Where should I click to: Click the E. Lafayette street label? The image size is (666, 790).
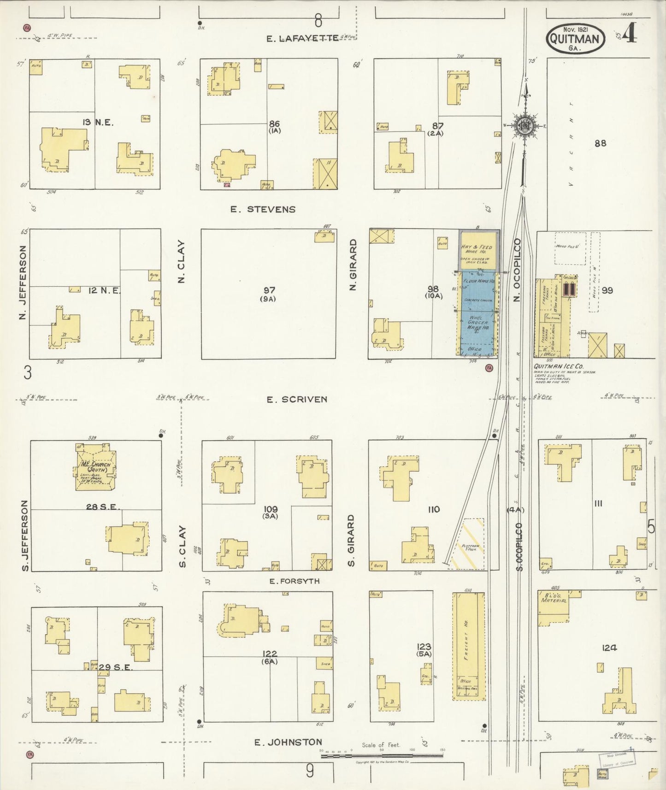pyautogui.click(x=302, y=38)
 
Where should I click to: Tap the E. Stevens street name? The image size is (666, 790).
pyautogui.click(x=263, y=209)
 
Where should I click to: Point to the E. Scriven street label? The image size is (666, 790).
pyautogui.click(x=297, y=399)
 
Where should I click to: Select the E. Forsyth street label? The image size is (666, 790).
pyautogui.click(x=295, y=581)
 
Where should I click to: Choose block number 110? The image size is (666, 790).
pyautogui.click(x=434, y=509)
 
